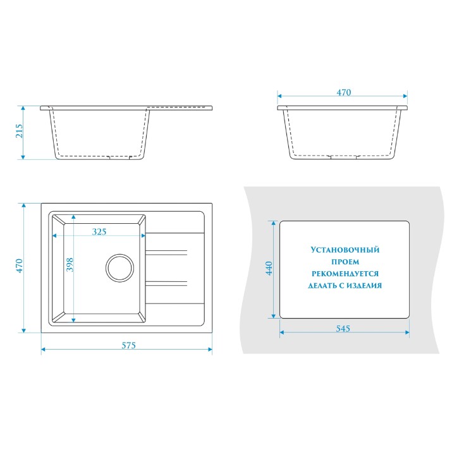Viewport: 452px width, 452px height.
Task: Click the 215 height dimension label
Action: tap(19, 131)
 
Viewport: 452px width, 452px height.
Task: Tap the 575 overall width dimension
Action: tap(128, 345)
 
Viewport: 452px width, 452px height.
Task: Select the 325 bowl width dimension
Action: tap(99, 231)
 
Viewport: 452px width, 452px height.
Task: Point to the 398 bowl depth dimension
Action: tap(70, 265)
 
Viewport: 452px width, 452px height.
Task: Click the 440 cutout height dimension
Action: tap(269, 268)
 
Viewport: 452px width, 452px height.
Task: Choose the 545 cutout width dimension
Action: tap(343, 328)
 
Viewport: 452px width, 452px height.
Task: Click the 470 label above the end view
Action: tap(344, 92)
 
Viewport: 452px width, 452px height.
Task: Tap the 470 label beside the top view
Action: tap(19, 266)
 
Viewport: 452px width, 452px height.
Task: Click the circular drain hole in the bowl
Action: tap(119, 268)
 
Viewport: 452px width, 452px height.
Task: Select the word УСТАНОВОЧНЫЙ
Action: tap(345, 250)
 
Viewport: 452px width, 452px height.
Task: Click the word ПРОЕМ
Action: tap(345, 262)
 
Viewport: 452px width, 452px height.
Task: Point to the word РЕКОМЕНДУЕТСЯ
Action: tap(345, 274)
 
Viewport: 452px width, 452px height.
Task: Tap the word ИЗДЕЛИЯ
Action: tap(363, 285)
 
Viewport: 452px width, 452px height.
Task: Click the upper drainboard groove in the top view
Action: tap(166, 253)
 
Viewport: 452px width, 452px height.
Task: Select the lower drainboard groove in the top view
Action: tap(166, 283)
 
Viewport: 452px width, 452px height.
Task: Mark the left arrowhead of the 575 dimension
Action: tap(43, 350)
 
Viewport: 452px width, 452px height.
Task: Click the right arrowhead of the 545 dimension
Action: tap(407, 333)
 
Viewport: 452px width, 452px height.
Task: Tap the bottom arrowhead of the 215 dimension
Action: tap(23, 157)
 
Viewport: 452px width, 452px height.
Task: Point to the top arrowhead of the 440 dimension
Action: tap(272, 223)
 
